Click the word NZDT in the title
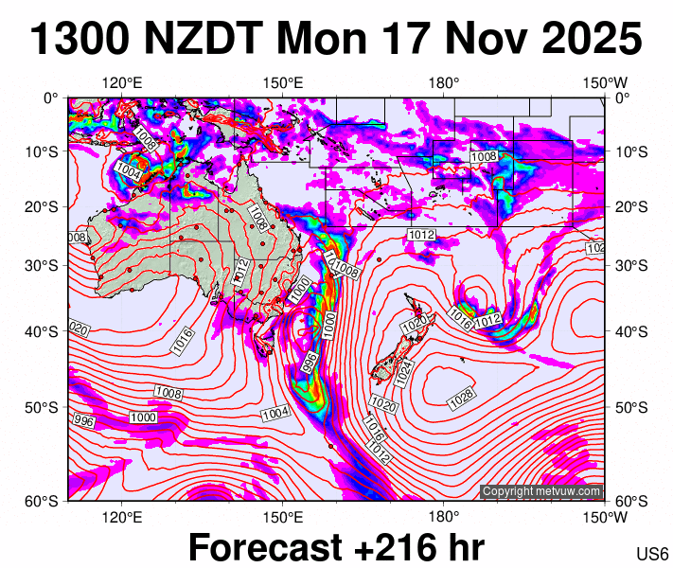(x=207, y=40)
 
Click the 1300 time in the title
(x=83, y=40)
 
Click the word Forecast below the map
(x=265, y=547)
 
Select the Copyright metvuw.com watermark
(x=541, y=491)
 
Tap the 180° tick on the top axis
(x=443, y=82)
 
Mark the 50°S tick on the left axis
(x=46, y=408)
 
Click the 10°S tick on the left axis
(x=46, y=151)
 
